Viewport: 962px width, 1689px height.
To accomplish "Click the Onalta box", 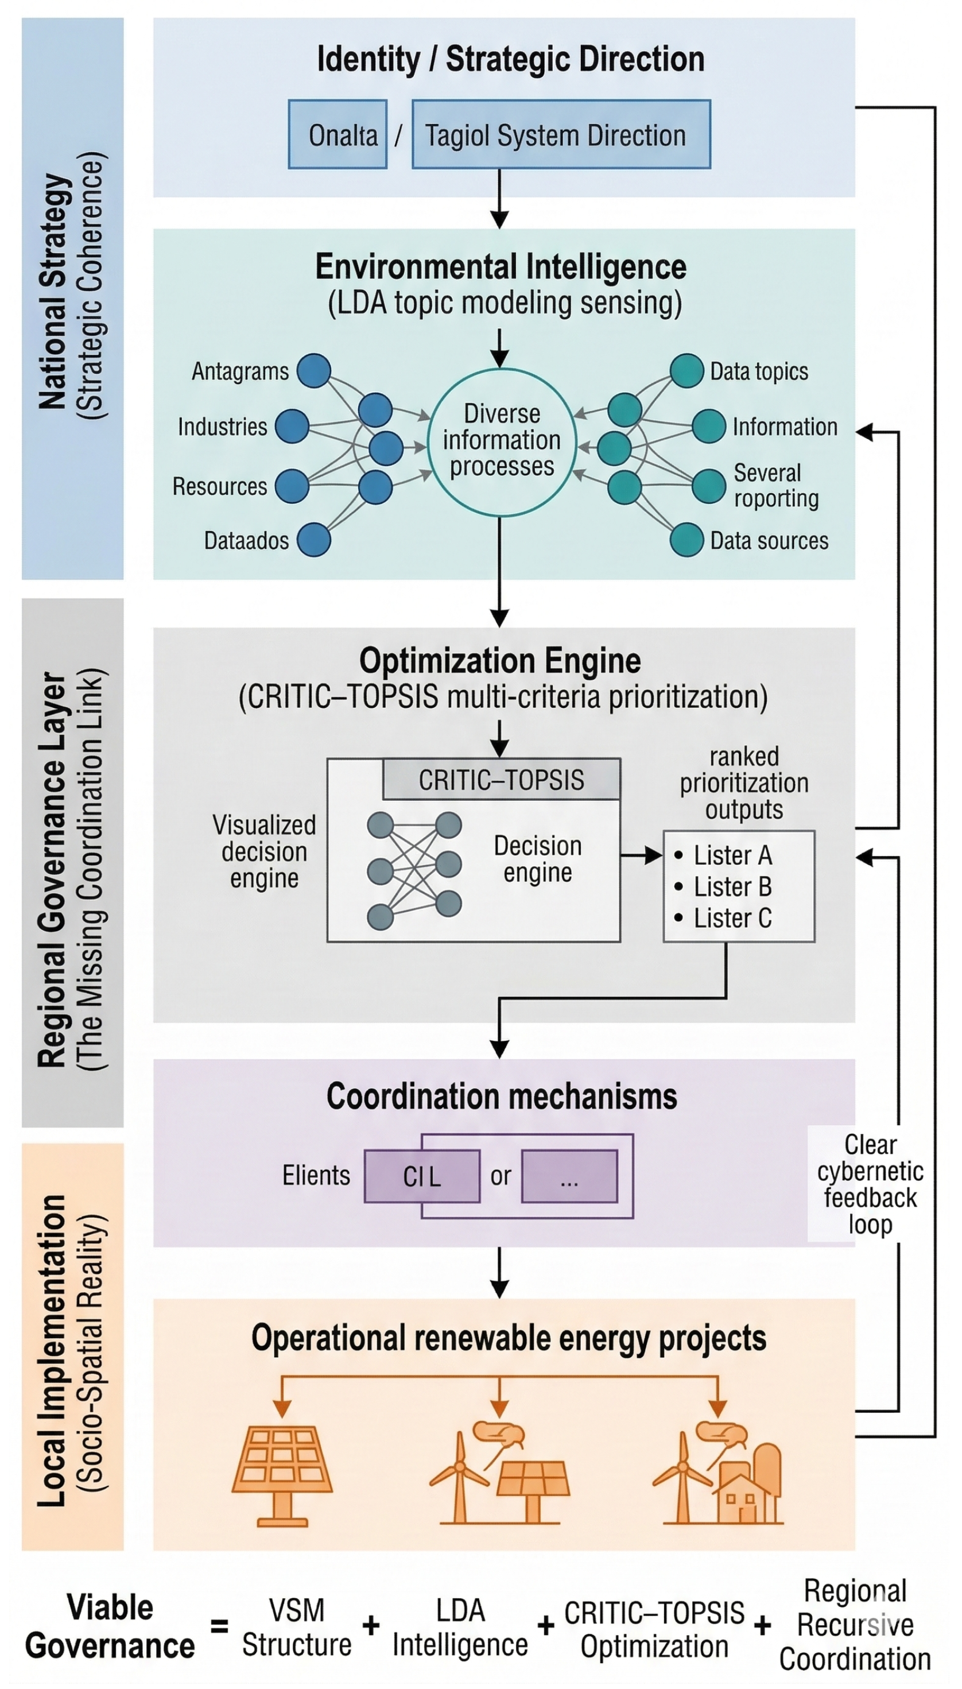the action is [338, 134].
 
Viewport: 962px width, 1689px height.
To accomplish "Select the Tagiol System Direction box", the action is [561, 134].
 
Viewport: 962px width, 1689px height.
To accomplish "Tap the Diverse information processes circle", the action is [502, 441].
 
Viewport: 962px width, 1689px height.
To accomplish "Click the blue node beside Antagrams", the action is [313, 371].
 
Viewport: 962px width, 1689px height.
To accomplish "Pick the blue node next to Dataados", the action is [313, 540].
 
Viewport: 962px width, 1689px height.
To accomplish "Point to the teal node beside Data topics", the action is [686, 370].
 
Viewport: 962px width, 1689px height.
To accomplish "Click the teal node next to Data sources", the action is [686, 540].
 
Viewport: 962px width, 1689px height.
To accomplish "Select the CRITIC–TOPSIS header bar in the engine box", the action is [502, 780].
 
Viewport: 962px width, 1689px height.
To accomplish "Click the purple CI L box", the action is [422, 1176].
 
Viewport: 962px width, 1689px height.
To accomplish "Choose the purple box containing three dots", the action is [569, 1176].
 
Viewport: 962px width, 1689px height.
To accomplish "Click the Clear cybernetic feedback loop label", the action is [870, 1183].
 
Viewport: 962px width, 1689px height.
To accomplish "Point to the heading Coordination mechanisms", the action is [502, 1097].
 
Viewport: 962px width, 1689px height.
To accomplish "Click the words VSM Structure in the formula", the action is [297, 1627].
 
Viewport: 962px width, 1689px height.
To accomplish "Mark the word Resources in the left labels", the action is [219, 486].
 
